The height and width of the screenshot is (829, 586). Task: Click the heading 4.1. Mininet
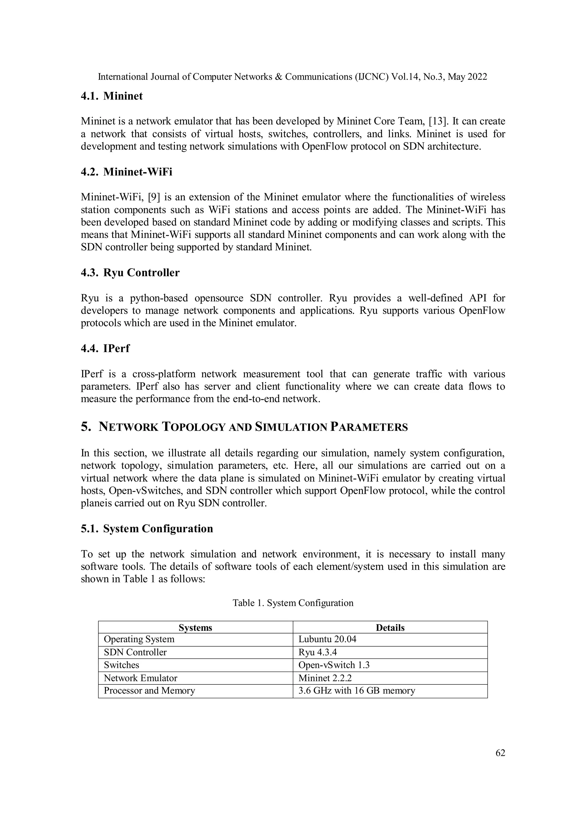pos(112,96)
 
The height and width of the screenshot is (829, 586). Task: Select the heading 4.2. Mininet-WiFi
pos(126,172)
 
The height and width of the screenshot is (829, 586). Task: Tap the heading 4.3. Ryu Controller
pos(130,273)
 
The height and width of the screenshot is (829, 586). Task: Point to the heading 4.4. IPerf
pos(105,348)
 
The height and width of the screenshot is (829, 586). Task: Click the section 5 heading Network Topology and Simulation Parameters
pos(244,427)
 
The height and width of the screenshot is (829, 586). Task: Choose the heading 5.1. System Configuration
pos(147,529)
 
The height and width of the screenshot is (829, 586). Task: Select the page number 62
pos(500,753)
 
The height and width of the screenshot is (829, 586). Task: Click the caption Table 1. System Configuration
pos(293,603)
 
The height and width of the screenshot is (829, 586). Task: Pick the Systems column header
pos(195,627)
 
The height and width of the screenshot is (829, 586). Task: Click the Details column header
pos(390,627)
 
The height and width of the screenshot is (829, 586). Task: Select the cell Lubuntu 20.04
pos(327,639)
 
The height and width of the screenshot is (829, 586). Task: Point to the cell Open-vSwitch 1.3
pos(334,665)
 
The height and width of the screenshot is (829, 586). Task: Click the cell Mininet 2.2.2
pos(325,678)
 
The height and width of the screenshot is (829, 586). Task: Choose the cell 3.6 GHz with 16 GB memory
pos(357,691)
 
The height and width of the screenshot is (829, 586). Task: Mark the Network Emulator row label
pos(140,678)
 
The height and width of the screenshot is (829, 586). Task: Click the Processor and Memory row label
pos(149,691)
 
